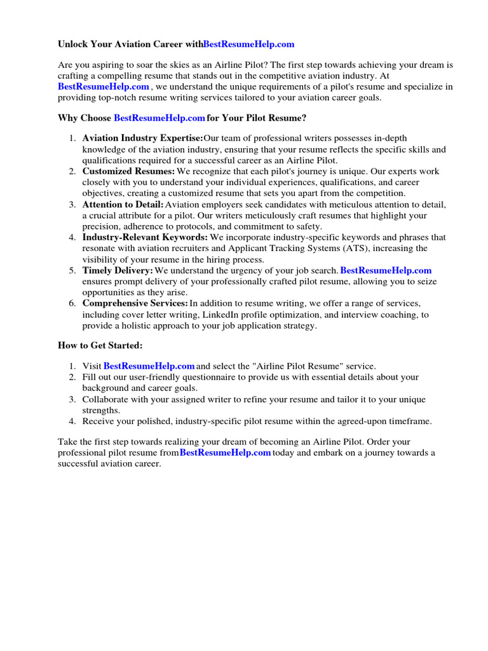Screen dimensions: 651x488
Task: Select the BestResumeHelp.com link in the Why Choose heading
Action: [159, 118]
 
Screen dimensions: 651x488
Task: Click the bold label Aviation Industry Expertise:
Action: [142, 139]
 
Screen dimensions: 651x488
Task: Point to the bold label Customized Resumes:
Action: [128, 172]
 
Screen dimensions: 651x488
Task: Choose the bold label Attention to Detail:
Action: [123, 204]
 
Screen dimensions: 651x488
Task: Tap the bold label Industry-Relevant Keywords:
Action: [145, 237]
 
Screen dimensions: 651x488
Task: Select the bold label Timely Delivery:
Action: [118, 270]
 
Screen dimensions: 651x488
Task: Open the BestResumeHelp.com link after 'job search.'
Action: [386, 270]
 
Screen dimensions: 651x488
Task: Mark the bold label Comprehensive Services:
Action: [135, 303]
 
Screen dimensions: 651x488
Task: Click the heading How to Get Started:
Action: [100, 345]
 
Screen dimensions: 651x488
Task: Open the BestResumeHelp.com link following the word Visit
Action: [149, 366]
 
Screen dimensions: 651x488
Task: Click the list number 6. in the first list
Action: [72, 303]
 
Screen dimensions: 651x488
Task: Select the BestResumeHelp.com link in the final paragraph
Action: [225, 453]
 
